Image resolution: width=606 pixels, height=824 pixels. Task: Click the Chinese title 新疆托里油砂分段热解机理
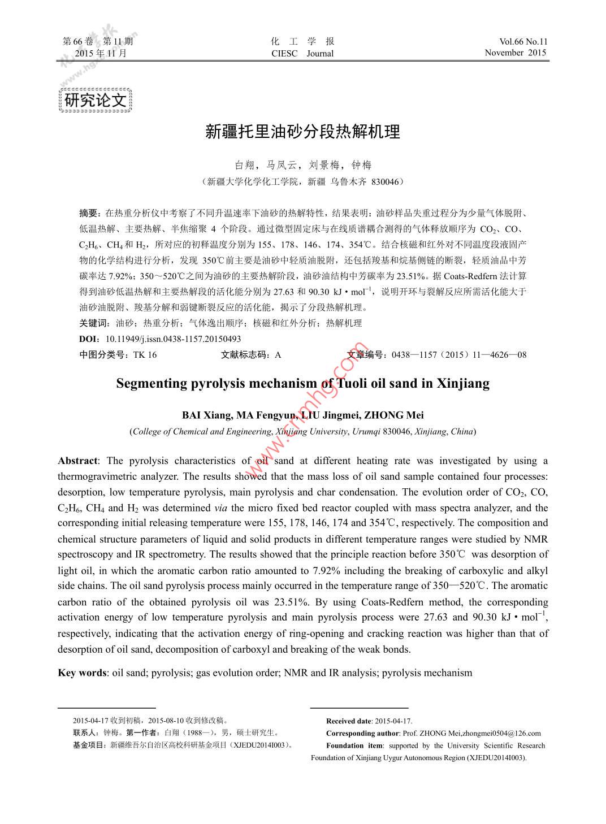302,132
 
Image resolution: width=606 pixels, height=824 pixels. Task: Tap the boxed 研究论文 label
95,101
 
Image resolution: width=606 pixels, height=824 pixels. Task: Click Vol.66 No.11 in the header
523,41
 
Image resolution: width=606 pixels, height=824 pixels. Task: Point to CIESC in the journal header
284,54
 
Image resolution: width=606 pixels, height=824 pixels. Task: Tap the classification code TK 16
145,355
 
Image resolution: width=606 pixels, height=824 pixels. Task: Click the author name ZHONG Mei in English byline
393,415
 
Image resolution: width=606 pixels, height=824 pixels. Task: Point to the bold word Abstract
77,461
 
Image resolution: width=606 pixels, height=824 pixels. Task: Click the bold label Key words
82,673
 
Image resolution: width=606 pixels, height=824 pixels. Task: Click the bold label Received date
349,721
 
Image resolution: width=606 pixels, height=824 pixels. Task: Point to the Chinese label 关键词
94,323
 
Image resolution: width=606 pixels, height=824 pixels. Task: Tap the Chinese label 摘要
89,213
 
